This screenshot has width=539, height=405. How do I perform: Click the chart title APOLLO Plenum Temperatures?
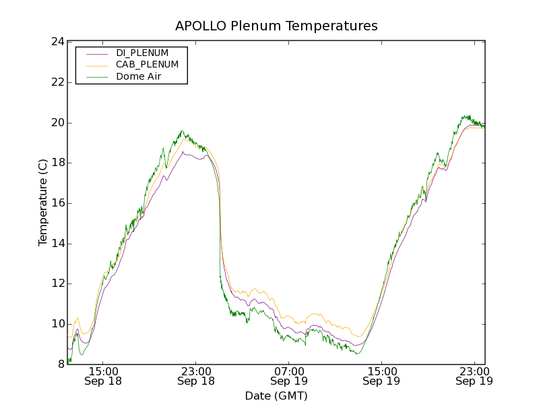[x=276, y=26]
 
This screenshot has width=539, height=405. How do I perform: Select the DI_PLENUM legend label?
[x=142, y=53]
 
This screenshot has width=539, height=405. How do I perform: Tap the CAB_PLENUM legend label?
[x=147, y=65]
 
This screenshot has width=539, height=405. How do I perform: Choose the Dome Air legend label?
[x=138, y=77]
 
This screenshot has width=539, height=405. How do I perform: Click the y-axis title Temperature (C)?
[x=43, y=202]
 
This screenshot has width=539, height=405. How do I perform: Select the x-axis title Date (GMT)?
[x=276, y=396]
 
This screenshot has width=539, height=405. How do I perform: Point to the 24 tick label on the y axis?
[x=57, y=42]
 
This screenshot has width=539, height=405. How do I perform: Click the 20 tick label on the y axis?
[x=57, y=123]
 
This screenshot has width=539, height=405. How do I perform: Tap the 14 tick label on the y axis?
[x=57, y=244]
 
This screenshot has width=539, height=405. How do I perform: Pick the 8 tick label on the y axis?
[x=60, y=364]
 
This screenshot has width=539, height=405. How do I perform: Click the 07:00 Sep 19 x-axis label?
[x=289, y=376]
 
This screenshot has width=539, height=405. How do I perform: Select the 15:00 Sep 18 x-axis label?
[x=103, y=376]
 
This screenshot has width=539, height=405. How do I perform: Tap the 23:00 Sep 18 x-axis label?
[x=196, y=376]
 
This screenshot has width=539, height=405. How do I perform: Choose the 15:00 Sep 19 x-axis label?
[x=381, y=376]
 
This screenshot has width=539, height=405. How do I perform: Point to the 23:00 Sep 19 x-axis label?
[x=474, y=376]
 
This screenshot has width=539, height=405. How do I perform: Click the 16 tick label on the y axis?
[x=57, y=203]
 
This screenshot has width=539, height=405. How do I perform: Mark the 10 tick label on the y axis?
[x=57, y=324]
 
